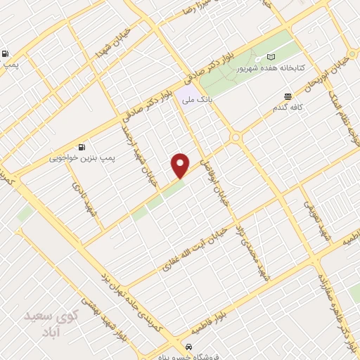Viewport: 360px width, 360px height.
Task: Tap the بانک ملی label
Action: click(198, 100)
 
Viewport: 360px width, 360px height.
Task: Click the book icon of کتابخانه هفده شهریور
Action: click(271, 57)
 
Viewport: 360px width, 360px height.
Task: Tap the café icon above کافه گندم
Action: click(288, 96)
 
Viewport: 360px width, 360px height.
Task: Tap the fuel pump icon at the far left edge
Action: click(6, 53)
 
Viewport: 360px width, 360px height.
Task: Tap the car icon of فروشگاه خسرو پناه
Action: click(188, 347)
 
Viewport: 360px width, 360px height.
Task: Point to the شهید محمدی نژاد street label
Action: click(255, 250)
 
